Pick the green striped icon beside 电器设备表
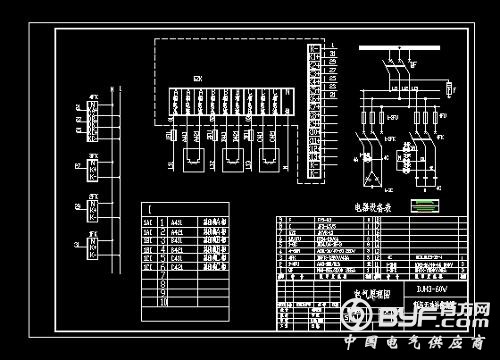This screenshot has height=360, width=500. tap(427, 206)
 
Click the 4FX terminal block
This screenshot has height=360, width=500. tap(93, 121)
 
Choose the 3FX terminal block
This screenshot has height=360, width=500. tap(93, 167)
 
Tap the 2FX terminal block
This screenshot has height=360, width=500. tap(93, 209)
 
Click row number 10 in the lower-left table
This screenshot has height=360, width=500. tap(162, 299)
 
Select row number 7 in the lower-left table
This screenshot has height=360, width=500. tap(162, 275)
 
